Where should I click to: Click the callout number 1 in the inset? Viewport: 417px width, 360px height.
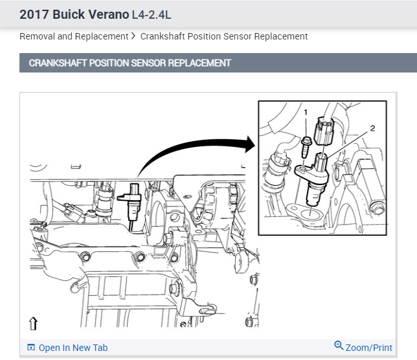306,113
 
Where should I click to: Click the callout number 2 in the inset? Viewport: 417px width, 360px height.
372,128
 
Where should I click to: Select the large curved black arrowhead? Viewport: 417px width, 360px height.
249,144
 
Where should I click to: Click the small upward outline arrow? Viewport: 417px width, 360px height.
33,323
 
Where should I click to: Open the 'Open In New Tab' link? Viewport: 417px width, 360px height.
73,348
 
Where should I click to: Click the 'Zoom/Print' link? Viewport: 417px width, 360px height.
369,348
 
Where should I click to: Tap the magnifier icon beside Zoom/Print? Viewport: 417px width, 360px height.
339,345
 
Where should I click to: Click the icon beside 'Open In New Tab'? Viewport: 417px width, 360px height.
31,347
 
